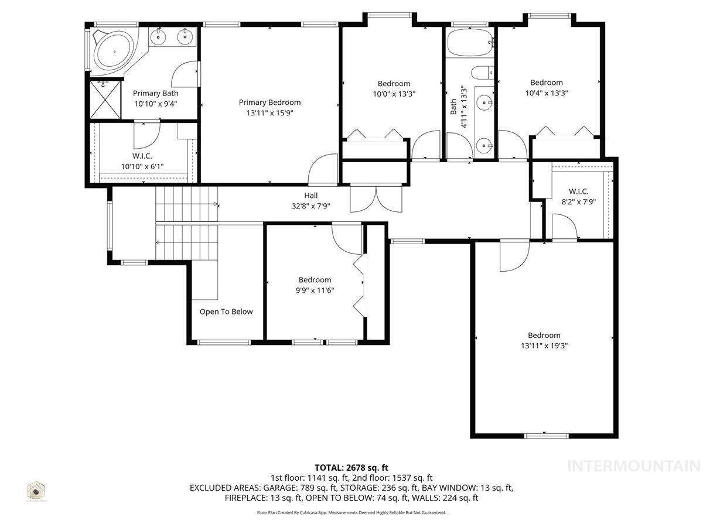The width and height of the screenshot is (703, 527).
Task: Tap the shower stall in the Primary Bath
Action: tap(105, 100)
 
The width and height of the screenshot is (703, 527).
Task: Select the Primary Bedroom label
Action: tap(269, 102)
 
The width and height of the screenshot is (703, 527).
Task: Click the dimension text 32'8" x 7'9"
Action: tap(310, 206)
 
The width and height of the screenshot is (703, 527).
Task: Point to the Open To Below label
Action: tap(226, 312)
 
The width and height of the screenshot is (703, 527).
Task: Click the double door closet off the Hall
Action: tap(376, 198)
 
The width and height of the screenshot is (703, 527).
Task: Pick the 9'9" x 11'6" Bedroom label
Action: tap(315, 280)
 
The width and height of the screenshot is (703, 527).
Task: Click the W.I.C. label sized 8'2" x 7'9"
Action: tap(578, 191)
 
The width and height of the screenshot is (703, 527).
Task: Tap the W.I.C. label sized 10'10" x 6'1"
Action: tap(142, 156)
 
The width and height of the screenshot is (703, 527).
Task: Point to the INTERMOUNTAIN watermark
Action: tap(634, 466)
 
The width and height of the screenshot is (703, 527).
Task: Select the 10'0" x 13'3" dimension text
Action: tap(394, 93)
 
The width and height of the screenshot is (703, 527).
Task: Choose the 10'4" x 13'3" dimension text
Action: tap(546, 93)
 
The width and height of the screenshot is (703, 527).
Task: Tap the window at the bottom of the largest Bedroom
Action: tap(546, 436)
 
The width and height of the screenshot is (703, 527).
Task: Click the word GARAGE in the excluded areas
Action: tap(281, 488)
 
